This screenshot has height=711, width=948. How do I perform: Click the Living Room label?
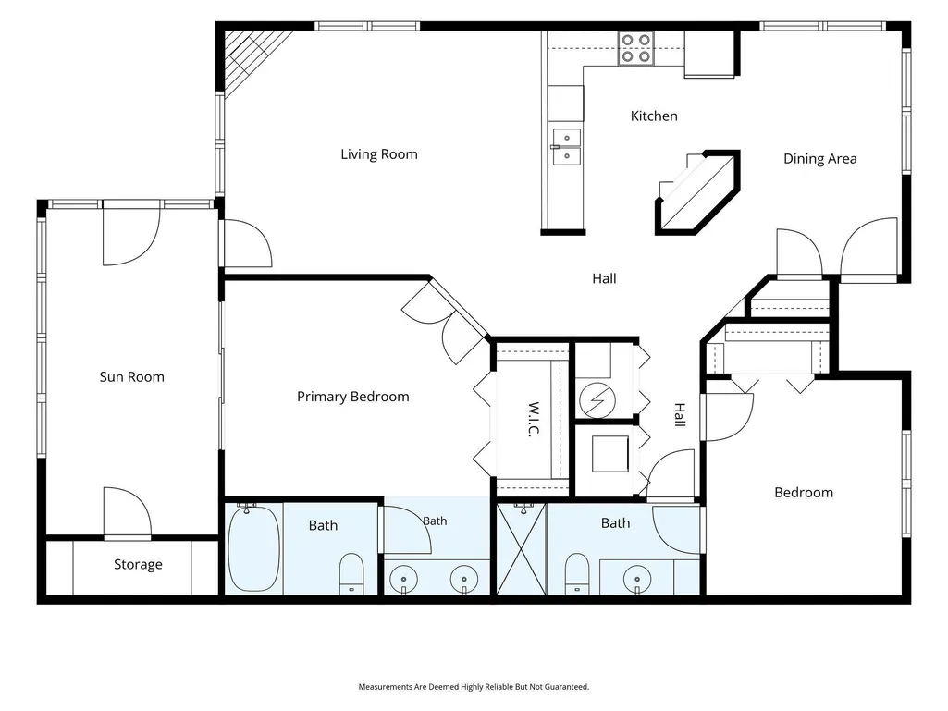379,154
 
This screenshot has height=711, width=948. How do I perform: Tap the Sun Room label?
132,376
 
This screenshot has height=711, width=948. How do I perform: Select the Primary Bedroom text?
353,397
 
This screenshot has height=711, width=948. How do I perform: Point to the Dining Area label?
819,158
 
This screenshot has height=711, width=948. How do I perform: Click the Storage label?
138,564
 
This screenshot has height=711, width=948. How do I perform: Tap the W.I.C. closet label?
534,420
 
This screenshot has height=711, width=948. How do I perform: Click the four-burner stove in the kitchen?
636,48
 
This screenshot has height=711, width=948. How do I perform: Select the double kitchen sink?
567,147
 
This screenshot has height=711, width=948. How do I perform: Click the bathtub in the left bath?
254,548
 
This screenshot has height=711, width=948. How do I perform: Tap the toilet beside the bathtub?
351,572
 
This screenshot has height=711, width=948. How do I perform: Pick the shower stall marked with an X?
521,549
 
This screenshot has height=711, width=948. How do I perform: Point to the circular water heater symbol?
597,399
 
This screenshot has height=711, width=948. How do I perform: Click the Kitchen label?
654,116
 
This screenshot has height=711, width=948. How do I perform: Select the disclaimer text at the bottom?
474,687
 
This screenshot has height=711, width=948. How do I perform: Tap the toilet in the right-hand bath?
577,574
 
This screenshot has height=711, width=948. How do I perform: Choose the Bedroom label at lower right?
804,493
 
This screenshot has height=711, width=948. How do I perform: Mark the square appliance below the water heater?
610,454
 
